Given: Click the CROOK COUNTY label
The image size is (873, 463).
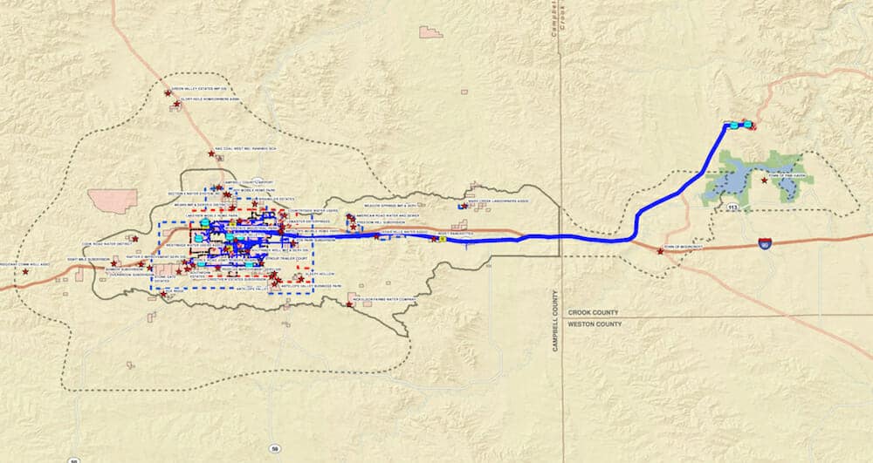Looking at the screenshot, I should click(594, 311).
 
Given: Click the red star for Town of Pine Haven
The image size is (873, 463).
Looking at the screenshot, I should click(765, 180).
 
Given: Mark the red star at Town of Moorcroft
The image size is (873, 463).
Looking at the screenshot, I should click(660, 251).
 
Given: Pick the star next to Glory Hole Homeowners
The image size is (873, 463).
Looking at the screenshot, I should click(177, 104).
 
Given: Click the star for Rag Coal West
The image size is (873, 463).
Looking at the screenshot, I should click(211, 153).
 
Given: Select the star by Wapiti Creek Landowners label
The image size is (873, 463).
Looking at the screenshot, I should click(461, 208).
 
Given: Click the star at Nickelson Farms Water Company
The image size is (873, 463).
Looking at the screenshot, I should click(349, 304).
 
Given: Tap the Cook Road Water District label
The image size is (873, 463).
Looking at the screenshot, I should click(99, 245).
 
